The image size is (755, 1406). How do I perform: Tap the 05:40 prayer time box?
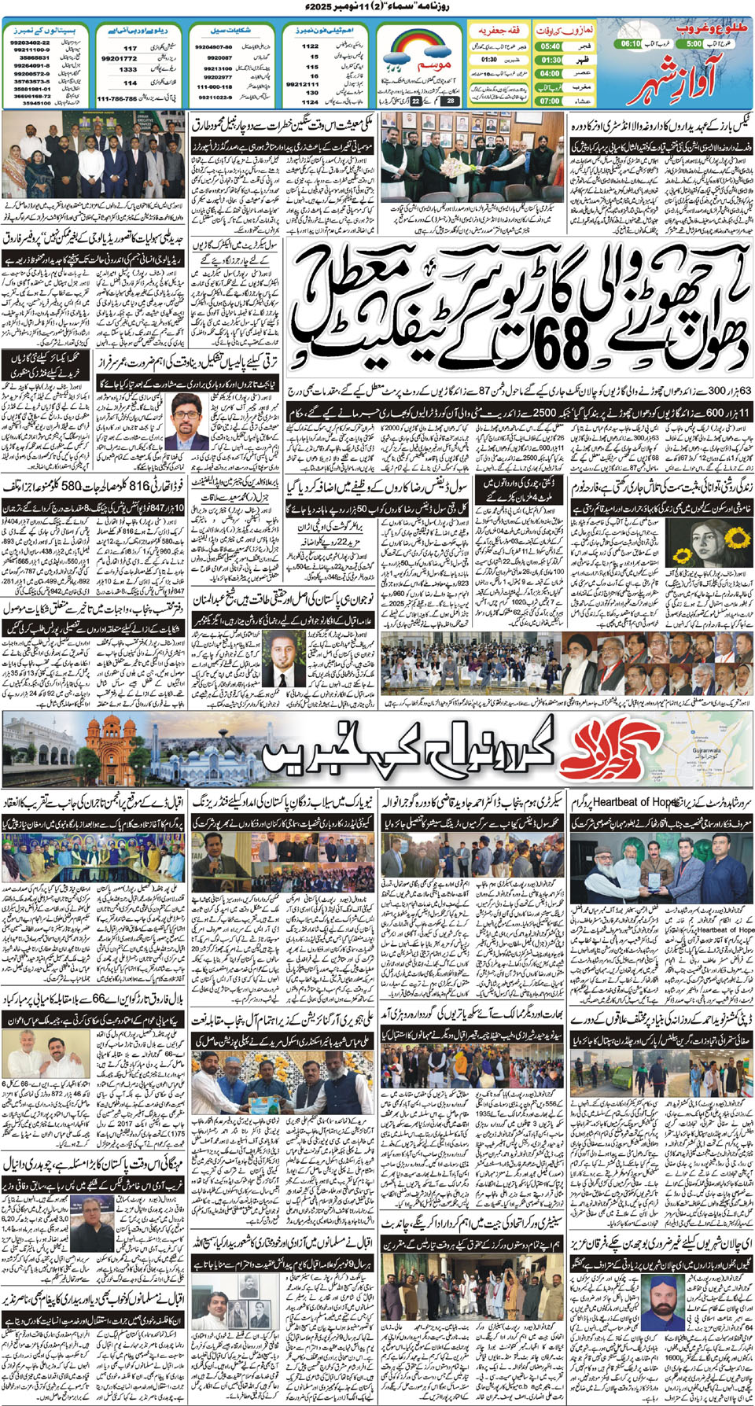coord(551,46)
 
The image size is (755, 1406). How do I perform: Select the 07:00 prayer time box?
coord(551,101)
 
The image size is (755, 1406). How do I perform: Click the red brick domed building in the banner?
coord(119,748)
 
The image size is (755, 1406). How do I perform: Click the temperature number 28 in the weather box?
coord(451,101)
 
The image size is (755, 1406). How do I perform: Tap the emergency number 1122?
coord(311,46)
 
